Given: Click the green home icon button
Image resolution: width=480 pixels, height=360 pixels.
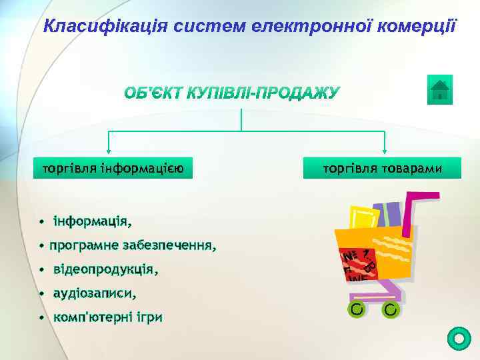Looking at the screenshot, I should (439, 90).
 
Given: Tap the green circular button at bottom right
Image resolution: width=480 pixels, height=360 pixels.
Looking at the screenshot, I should (459, 339).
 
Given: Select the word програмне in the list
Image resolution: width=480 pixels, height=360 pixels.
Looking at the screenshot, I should (84, 245).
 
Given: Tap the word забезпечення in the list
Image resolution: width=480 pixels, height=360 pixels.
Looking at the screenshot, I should (169, 245).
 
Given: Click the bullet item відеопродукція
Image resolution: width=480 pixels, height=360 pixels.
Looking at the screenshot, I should (105, 270).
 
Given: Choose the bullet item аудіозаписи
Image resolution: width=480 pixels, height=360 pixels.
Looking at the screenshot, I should (95, 293).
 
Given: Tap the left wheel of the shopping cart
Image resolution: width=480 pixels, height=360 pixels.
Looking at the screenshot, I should (357, 309).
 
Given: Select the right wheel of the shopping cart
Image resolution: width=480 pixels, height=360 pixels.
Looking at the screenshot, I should (391, 309).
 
